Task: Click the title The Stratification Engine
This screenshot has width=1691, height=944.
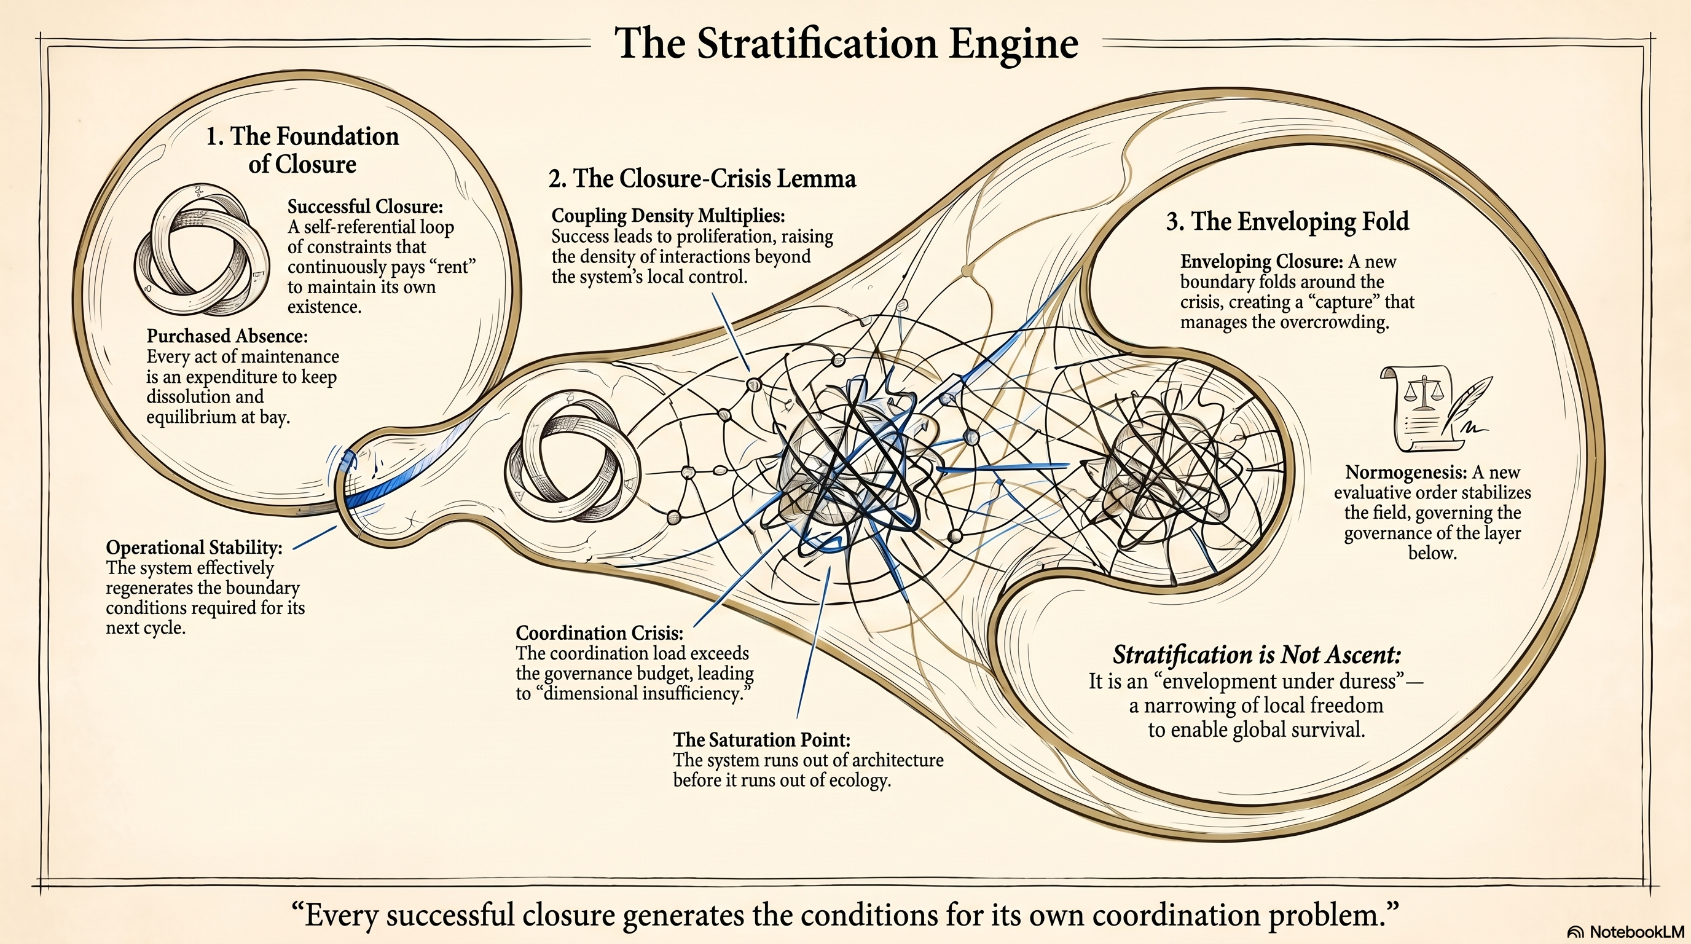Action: (x=845, y=43)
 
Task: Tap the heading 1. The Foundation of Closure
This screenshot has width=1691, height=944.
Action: (x=302, y=150)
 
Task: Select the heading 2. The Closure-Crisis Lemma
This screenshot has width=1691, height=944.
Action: (x=702, y=179)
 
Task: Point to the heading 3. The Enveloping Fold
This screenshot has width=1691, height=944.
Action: (x=1287, y=221)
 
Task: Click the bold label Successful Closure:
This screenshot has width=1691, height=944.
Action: (x=365, y=206)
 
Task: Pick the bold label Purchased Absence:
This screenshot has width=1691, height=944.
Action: (x=227, y=336)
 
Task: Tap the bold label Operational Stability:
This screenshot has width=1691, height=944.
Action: (x=194, y=548)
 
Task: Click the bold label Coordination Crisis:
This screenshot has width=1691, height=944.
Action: (x=598, y=633)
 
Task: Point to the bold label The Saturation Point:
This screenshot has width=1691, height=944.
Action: (x=761, y=740)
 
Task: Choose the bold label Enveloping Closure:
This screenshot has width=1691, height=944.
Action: (x=1261, y=262)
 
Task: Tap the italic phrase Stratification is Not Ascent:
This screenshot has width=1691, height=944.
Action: (x=1257, y=655)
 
